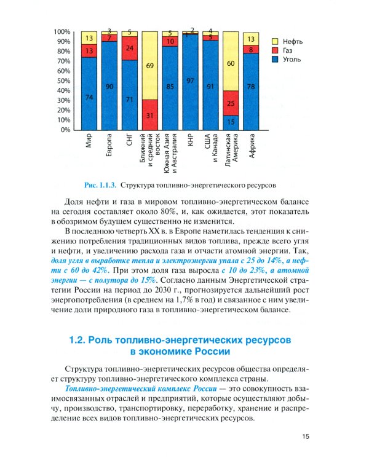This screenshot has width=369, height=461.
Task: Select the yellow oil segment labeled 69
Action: click(149, 65)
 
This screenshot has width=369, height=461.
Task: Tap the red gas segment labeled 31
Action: click(149, 115)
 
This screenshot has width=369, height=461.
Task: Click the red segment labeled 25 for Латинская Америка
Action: click(231, 103)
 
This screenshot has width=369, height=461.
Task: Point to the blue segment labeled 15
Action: click(231, 122)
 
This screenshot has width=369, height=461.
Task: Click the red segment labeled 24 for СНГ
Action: click(129, 48)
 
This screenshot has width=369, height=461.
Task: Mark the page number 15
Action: click(307, 436)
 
